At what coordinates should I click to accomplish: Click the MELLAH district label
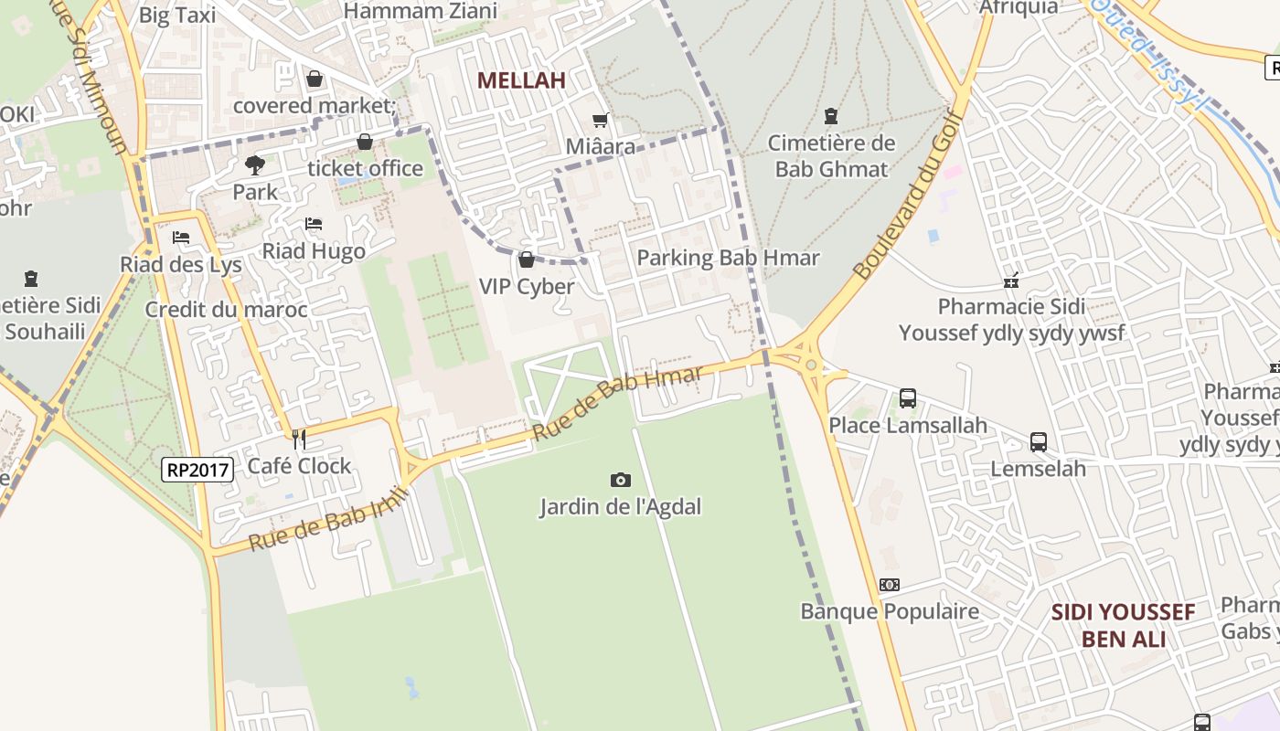click(x=521, y=80)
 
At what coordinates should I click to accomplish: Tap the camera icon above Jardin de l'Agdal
click(x=620, y=480)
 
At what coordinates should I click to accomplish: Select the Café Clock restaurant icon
click(x=298, y=440)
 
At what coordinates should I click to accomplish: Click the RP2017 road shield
click(x=198, y=470)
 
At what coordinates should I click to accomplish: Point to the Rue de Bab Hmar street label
click(x=617, y=402)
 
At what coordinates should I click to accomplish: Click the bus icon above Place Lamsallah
click(x=908, y=398)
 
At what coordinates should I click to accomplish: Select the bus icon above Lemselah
click(x=1039, y=442)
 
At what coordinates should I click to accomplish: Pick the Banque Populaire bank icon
click(x=890, y=585)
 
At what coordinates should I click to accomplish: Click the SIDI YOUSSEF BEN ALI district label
click(x=1123, y=625)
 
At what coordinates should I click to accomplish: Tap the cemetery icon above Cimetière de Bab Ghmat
click(x=831, y=116)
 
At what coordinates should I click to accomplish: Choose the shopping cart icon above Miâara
click(x=601, y=120)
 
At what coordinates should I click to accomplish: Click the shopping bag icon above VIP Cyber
click(x=527, y=260)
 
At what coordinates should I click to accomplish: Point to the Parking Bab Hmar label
click(x=728, y=258)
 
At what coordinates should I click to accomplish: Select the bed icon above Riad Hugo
click(x=314, y=224)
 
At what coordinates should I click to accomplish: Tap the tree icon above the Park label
click(x=254, y=165)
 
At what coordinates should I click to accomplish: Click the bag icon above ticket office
click(x=365, y=142)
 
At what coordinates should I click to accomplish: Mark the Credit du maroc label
click(x=227, y=310)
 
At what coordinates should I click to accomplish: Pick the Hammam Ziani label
click(x=421, y=11)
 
